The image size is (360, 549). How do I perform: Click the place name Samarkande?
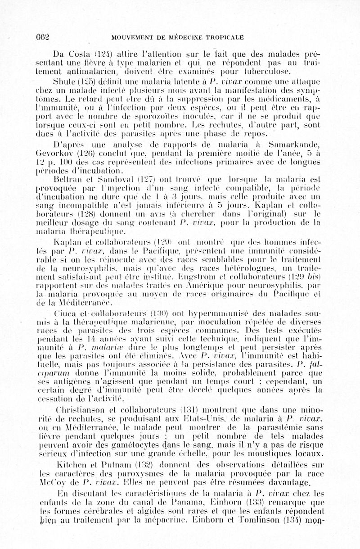[299, 145]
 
